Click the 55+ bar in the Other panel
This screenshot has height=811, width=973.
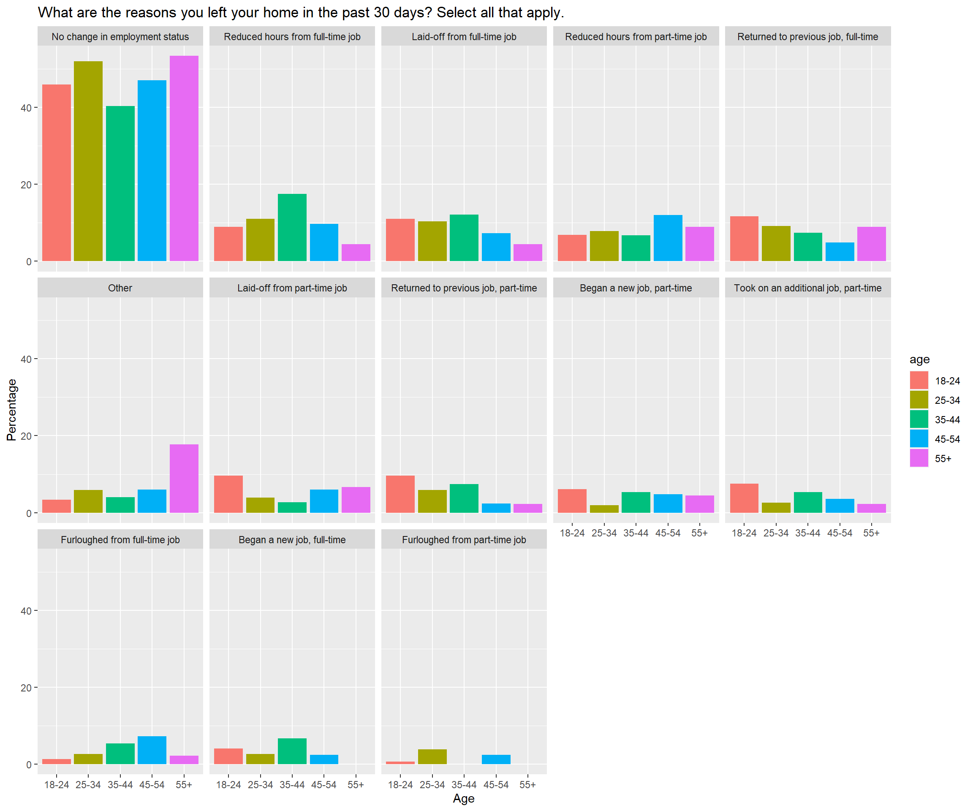tap(184, 478)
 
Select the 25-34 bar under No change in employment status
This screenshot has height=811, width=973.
tap(88, 161)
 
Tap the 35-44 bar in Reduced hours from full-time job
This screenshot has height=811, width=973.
tap(292, 227)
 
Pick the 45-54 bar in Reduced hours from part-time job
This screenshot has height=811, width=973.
tap(668, 238)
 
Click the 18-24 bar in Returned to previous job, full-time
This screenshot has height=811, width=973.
tap(744, 238)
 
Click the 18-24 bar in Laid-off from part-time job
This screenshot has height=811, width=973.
tap(228, 494)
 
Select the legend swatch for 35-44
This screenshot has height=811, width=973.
tap(919, 419)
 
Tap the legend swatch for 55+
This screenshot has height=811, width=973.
tap(919, 458)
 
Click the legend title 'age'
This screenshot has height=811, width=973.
tap(919, 359)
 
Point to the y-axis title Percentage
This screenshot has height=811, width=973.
tap(11, 410)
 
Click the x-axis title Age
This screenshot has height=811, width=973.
tap(463, 798)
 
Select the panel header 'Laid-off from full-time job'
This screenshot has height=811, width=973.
tap(464, 37)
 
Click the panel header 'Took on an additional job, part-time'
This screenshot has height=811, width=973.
tap(807, 288)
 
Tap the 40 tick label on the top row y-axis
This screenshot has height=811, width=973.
tap(26, 108)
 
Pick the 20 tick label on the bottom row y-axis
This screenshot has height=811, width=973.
tap(26, 688)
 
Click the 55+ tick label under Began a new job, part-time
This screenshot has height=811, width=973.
tap(699, 533)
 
